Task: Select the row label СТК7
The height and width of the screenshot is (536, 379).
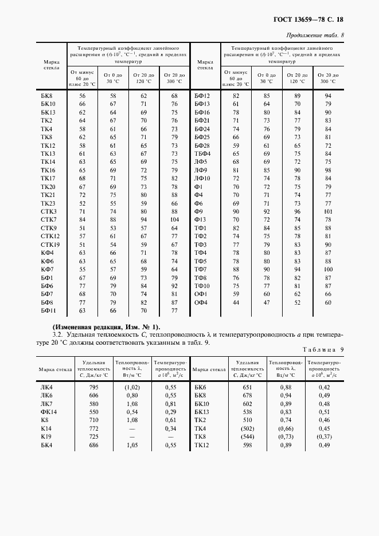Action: coord(48,220)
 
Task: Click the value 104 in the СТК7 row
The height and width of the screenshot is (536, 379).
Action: coord(174,220)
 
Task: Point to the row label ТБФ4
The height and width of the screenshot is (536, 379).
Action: coord(202,154)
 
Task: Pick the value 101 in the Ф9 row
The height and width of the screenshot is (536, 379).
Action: coord(329,211)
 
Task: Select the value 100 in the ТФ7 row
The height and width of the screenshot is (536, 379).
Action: coord(329,269)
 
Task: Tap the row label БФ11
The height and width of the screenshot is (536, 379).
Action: coord(48,310)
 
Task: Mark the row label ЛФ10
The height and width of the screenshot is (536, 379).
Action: coord(202,179)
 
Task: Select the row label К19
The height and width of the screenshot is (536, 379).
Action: coord(46,436)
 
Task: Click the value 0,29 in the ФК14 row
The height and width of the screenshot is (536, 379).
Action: coord(170,412)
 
